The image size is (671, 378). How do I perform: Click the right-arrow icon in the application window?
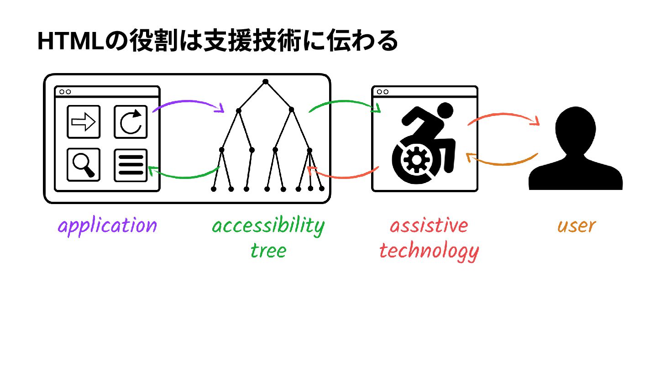pyautogui.click(x=84, y=122)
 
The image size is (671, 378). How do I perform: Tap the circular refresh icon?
pyautogui.click(x=131, y=122)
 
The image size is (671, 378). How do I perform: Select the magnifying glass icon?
pyautogui.click(x=84, y=165)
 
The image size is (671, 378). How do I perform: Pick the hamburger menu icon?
pyautogui.click(x=131, y=165)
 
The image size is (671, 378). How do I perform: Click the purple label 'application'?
pyautogui.click(x=107, y=226)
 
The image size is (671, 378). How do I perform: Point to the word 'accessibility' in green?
pyautogui.click(x=268, y=226)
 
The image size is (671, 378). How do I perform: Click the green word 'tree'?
pyautogui.click(x=268, y=251)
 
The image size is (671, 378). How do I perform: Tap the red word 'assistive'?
pyautogui.click(x=429, y=226)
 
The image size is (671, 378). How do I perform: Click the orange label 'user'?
pyautogui.click(x=577, y=226)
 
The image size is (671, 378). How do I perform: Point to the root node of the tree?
pyautogui.click(x=265, y=82)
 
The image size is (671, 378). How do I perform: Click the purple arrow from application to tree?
pyautogui.click(x=188, y=102)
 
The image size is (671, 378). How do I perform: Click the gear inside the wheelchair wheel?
pyautogui.click(x=416, y=160)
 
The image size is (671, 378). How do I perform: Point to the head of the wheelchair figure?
pyautogui.click(x=445, y=111)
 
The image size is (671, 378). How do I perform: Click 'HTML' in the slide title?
pyautogui.click(x=70, y=42)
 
